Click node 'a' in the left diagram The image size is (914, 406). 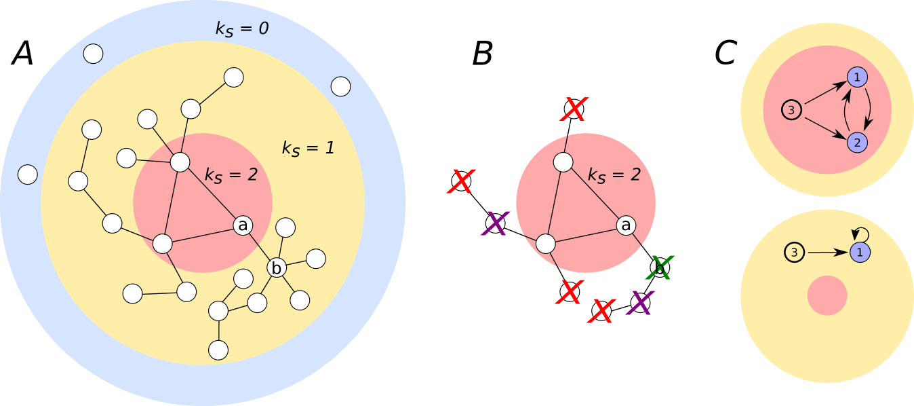(x=243, y=225)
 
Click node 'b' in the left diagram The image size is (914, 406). (x=276, y=268)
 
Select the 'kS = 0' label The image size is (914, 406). (x=241, y=29)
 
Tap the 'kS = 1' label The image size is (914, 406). (x=308, y=147)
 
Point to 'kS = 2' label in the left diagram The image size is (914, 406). (x=231, y=174)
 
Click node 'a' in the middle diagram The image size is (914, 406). (x=627, y=225)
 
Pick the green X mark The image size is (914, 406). (x=660, y=267)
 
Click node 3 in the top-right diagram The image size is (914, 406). (x=792, y=109)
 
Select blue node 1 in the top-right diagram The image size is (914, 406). (x=857, y=78)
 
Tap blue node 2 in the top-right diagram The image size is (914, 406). (x=857, y=142)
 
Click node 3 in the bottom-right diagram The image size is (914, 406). (x=795, y=253)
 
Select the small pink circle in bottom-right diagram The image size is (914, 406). (x=827, y=295)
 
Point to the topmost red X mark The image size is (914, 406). (x=574, y=109)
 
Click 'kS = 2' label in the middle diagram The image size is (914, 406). (x=614, y=175)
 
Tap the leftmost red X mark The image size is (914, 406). (x=462, y=181)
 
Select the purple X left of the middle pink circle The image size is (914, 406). (x=496, y=223)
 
